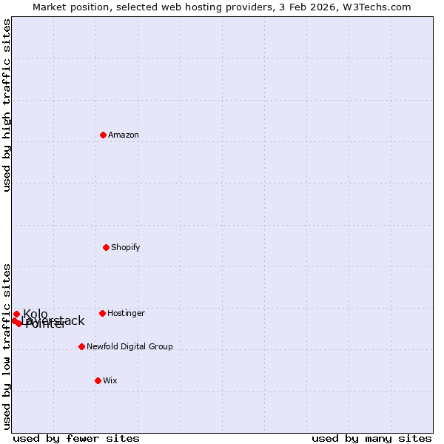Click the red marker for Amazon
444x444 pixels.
coord(104,135)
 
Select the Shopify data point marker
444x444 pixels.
coord(107,247)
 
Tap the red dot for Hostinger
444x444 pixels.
coord(103,313)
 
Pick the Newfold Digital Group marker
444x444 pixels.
coord(82,346)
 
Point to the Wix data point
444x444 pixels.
coord(98,380)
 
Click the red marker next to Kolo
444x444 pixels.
coord(17,314)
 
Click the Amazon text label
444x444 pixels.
coord(124,135)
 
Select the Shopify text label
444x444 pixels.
coord(126,247)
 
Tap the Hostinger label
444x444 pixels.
coord(126,313)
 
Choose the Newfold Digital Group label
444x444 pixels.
coord(129,346)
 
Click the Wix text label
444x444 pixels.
coord(110,380)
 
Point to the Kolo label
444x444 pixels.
coord(36,314)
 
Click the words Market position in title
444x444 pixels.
coord(68,7)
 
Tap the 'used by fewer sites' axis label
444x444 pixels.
coord(76,438)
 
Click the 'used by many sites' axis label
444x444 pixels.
coord(371,438)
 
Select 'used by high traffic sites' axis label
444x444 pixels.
coord(7,105)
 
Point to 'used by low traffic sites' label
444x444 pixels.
coord(7,346)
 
